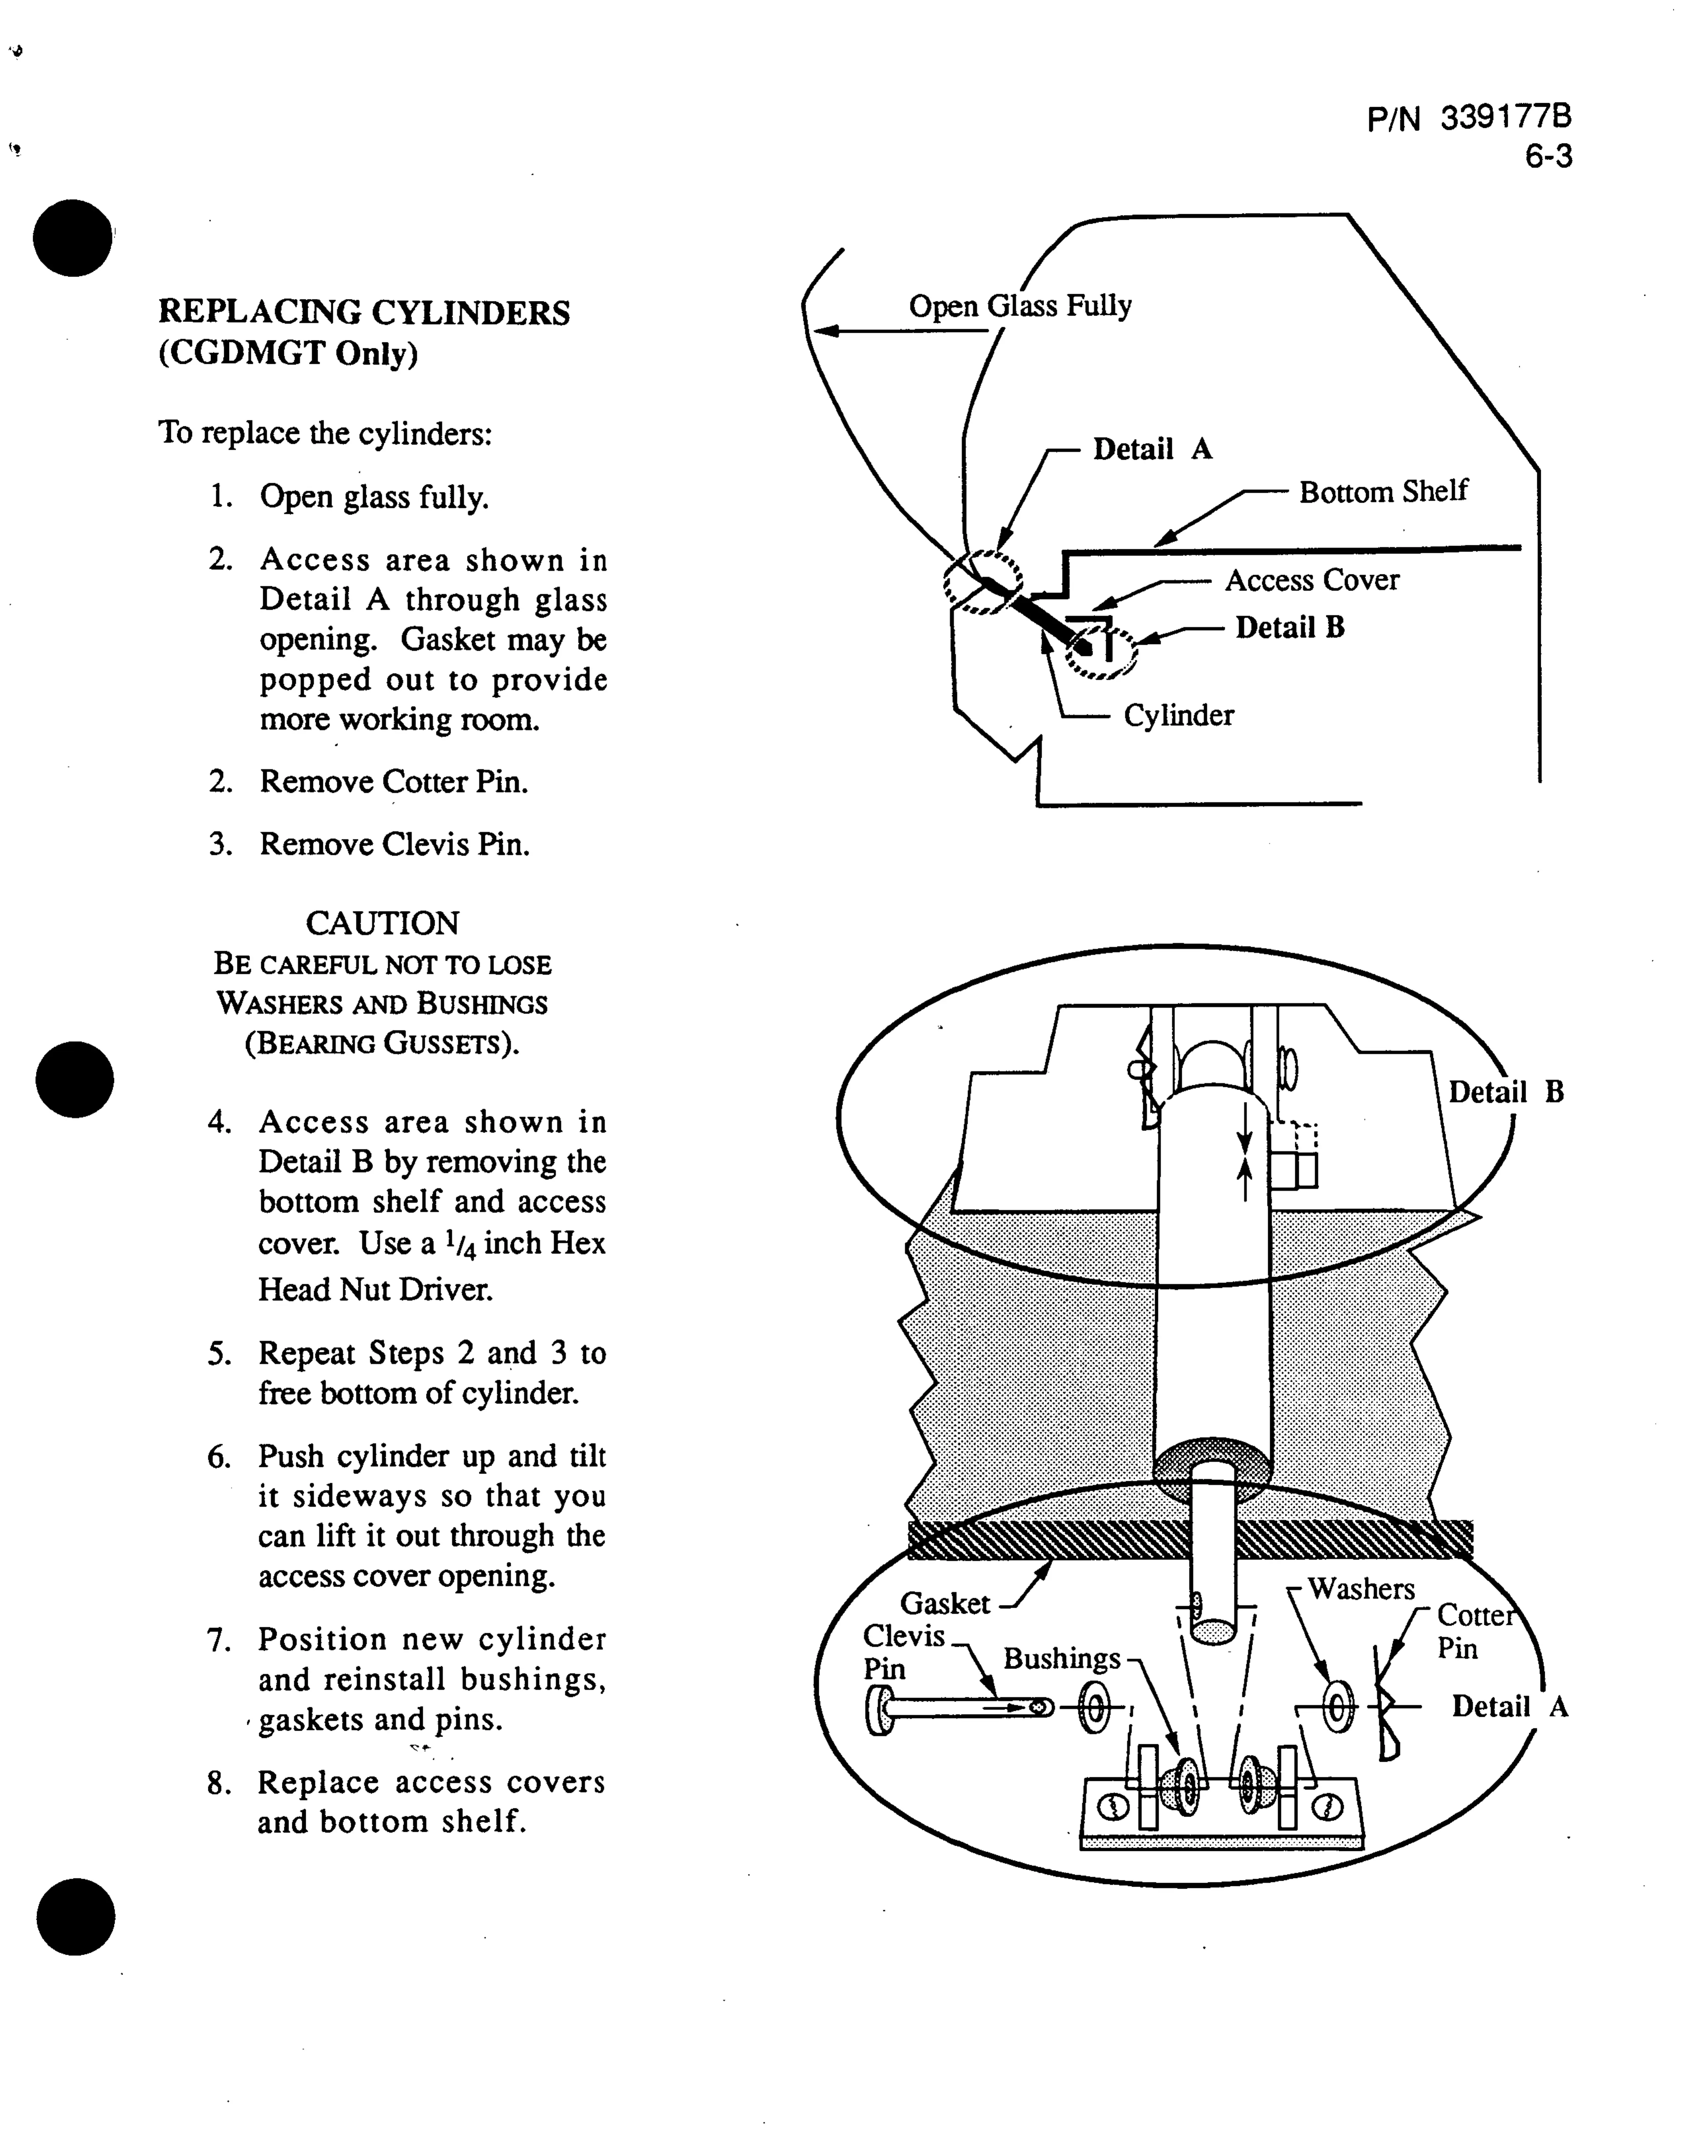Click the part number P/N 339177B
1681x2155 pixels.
pyautogui.click(x=1469, y=118)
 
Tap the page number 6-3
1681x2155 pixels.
pyautogui.click(x=1548, y=157)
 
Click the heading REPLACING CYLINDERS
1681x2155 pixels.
pyautogui.click(x=364, y=313)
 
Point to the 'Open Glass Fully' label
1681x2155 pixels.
pyautogui.click(x=1020, y=306)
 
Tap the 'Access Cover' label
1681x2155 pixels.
pyautogui.click(x=1312, y=580)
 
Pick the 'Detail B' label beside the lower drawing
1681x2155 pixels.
pyautogui.click(x=1505, y=1092)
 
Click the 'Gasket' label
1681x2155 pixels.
pyautogui.click(x=945, y=1603)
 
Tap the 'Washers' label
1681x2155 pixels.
pyautogui.click(x=1361, y=1589)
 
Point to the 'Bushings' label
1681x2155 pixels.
pyautogui.click(x=1062, y=1659)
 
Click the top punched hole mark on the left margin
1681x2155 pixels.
pyautogui.click(x=72, y=238)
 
